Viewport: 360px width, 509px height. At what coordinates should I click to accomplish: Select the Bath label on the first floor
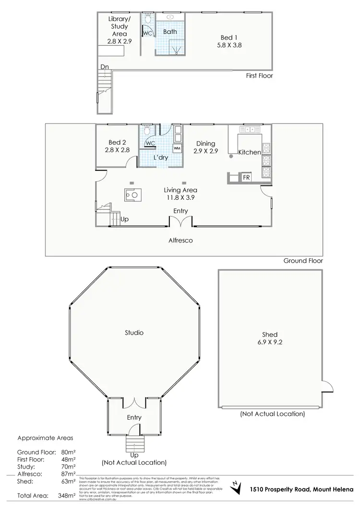pyautogui.click(x=170, y=32)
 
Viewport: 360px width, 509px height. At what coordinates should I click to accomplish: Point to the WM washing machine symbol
pyautogui.click(x=177, y=148)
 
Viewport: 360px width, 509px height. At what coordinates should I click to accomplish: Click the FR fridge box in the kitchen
pyautogui.click(x=246, y=177)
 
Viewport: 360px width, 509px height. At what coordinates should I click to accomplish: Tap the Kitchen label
pyautogui.click(x=250, y=152)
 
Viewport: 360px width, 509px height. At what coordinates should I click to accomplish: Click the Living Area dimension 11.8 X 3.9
pyautogui.click(x=180, y=197)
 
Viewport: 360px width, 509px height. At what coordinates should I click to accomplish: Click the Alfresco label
pyautogui.click(x=180, y=240)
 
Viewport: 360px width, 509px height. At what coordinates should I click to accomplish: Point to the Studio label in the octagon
pyautogui.click(x=134, y=332)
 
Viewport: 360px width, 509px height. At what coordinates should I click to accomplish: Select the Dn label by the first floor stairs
pyautogui.click(x=104, y=67)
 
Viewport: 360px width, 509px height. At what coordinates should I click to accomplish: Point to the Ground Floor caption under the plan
pyautogui.click(x=303, y=261)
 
